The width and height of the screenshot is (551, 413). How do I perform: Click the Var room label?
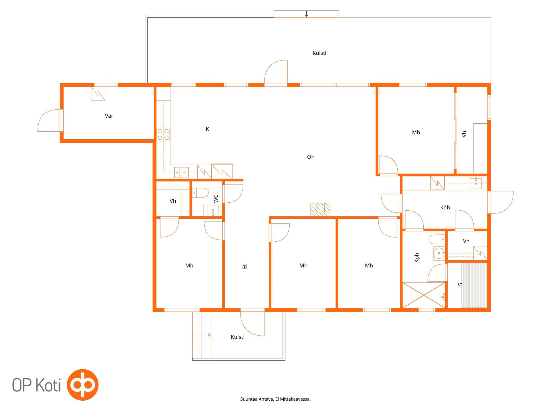(x=109, y=116)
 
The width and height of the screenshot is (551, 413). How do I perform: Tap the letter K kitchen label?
(x=207, y=129)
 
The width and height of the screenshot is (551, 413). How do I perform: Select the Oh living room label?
(x=311, y=157)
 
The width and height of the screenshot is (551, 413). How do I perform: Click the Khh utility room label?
(x=445, y=207)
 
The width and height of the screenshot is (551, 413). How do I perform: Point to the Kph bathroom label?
(x=416, y=258)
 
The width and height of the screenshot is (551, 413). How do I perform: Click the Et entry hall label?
(x=245, y=266)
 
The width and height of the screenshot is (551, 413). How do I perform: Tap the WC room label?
(x=216, y=198)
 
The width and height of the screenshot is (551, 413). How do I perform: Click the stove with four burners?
(x=163, y=134)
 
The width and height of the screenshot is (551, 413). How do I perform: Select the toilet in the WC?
(x=200, y=193)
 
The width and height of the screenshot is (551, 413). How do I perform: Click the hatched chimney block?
(x=320, y=210)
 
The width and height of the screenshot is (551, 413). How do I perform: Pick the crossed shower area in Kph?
(x=424, y=295)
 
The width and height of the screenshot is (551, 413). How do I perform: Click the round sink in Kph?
(x=439, y=253)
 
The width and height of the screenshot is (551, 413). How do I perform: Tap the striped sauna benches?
(x=474, y=285)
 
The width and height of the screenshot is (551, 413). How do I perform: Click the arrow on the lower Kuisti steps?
(x=202, y=335)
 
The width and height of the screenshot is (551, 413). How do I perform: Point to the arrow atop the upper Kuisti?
(x=306, y=14)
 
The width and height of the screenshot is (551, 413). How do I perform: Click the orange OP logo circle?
(x=83, y=385)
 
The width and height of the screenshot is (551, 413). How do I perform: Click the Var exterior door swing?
(x=49, y=121)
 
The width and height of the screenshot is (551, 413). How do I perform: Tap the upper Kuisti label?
(x=319, y=53)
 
